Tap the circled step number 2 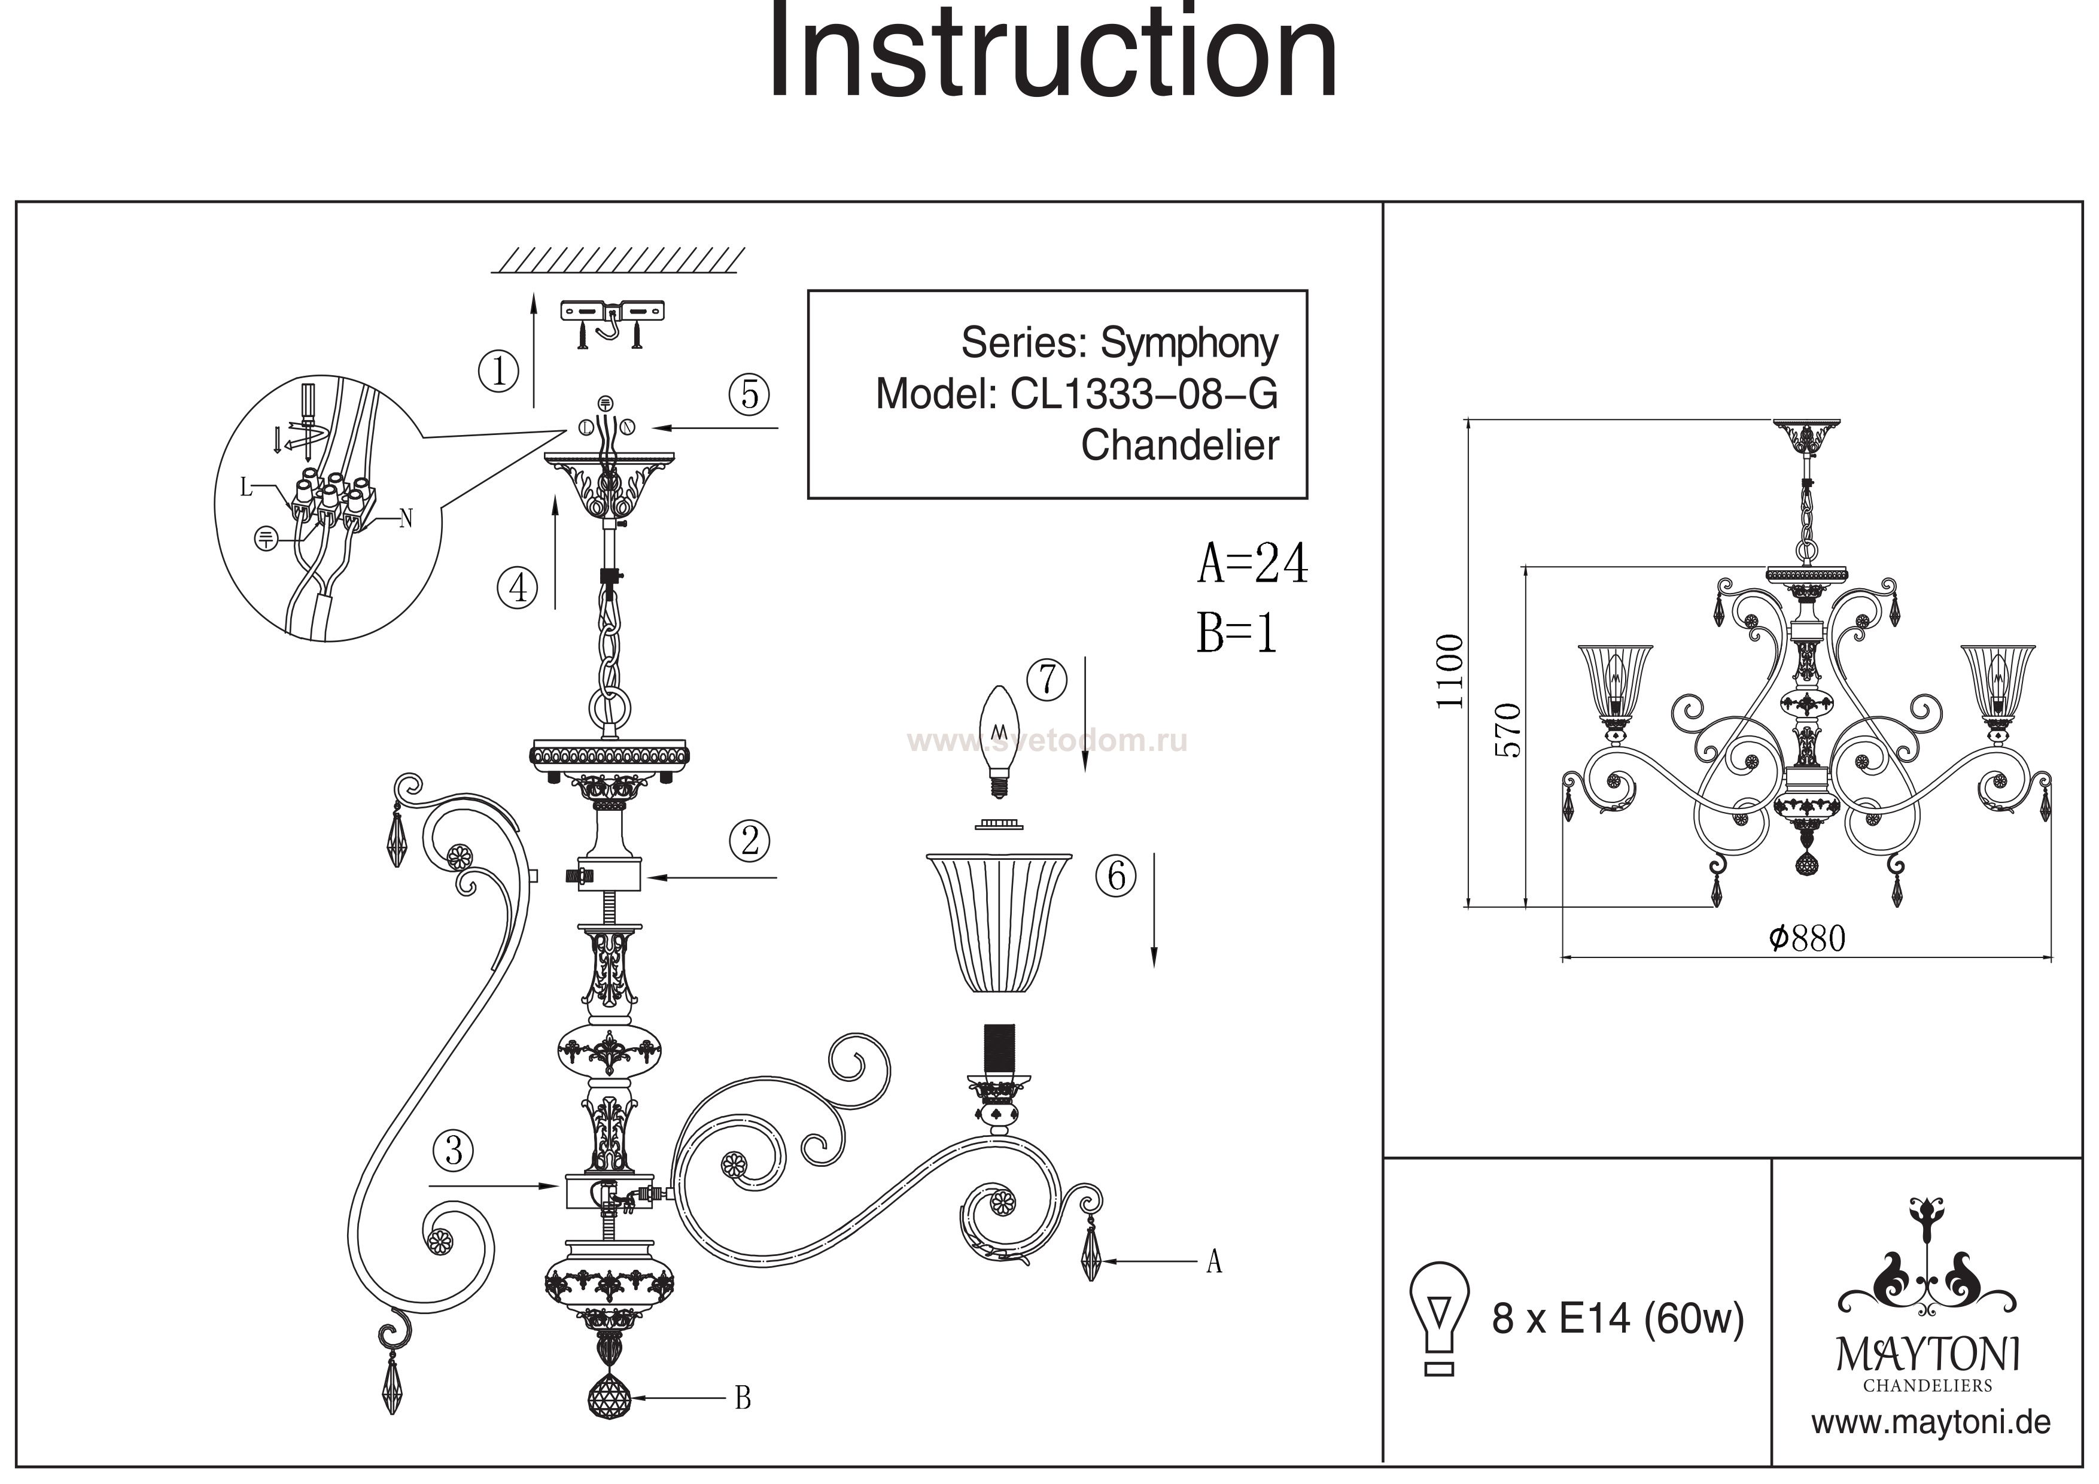click(x=750, y=840)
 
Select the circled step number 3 click(x=454, y=1150)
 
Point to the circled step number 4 click(x=518, y=587)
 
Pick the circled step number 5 click(x=749, y=394)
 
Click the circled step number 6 click(x=1117, y=876)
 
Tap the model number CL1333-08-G click(x=1143, y=394)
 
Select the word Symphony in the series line click(x=1188, y=343)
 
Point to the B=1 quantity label click(x=1236, y=632)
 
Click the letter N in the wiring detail click(x=406, y=519)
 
